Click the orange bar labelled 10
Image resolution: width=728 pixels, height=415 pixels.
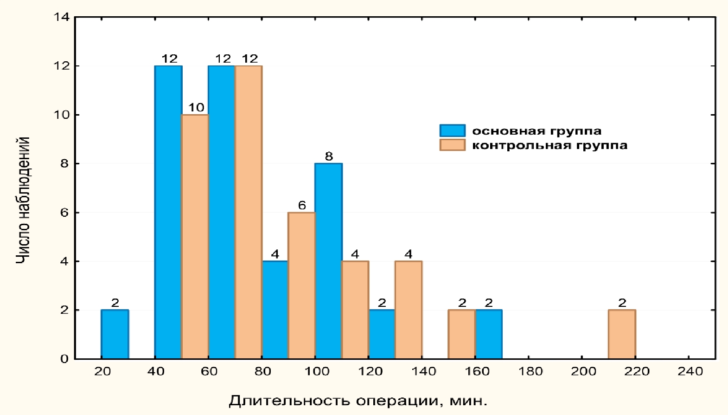[195, 236]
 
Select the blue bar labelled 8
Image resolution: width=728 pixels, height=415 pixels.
[328, 261]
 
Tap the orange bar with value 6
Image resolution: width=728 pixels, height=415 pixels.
[301, 285]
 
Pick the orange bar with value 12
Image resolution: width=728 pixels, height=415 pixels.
[249, 212]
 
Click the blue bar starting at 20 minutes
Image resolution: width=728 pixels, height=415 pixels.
[115, 334]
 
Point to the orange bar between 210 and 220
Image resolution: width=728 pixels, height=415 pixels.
[622, 334]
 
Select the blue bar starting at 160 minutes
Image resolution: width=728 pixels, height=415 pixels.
[489, 334]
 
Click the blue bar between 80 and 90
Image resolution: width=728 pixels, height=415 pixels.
[275, 310]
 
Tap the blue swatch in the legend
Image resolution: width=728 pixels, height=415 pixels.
[452, 130]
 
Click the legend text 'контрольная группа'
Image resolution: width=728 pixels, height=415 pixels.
[549, 145]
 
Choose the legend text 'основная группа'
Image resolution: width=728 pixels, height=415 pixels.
[536, 131]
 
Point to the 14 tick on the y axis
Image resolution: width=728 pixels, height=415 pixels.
[62, 18]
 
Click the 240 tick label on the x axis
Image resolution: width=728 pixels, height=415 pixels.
[690, 371]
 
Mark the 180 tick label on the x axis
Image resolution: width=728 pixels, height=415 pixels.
[530, 371]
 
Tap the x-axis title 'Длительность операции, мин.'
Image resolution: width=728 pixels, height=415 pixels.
[358, 400]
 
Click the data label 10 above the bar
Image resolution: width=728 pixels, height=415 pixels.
[196, 107]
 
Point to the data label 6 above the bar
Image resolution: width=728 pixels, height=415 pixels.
[302, 205]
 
